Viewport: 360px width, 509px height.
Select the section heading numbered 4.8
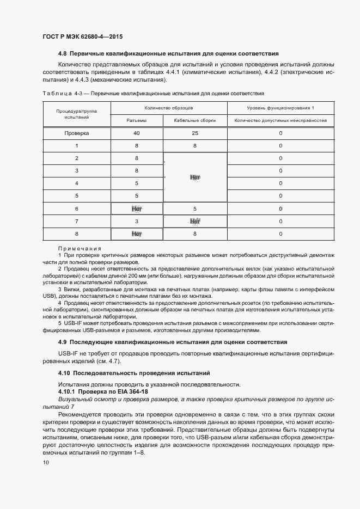coord(168,54)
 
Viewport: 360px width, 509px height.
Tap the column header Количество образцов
coord(168,108)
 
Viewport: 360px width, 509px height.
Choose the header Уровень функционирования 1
coord(280,108)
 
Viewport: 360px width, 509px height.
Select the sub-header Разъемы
coord(136,120)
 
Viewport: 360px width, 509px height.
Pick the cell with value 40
coord(136,133)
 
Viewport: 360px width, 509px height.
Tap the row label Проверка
coord(76,133)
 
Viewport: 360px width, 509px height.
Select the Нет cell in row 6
coord(136,208)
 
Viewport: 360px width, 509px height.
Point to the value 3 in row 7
coord(136,222)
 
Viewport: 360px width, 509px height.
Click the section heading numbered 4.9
coord(173,342)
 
